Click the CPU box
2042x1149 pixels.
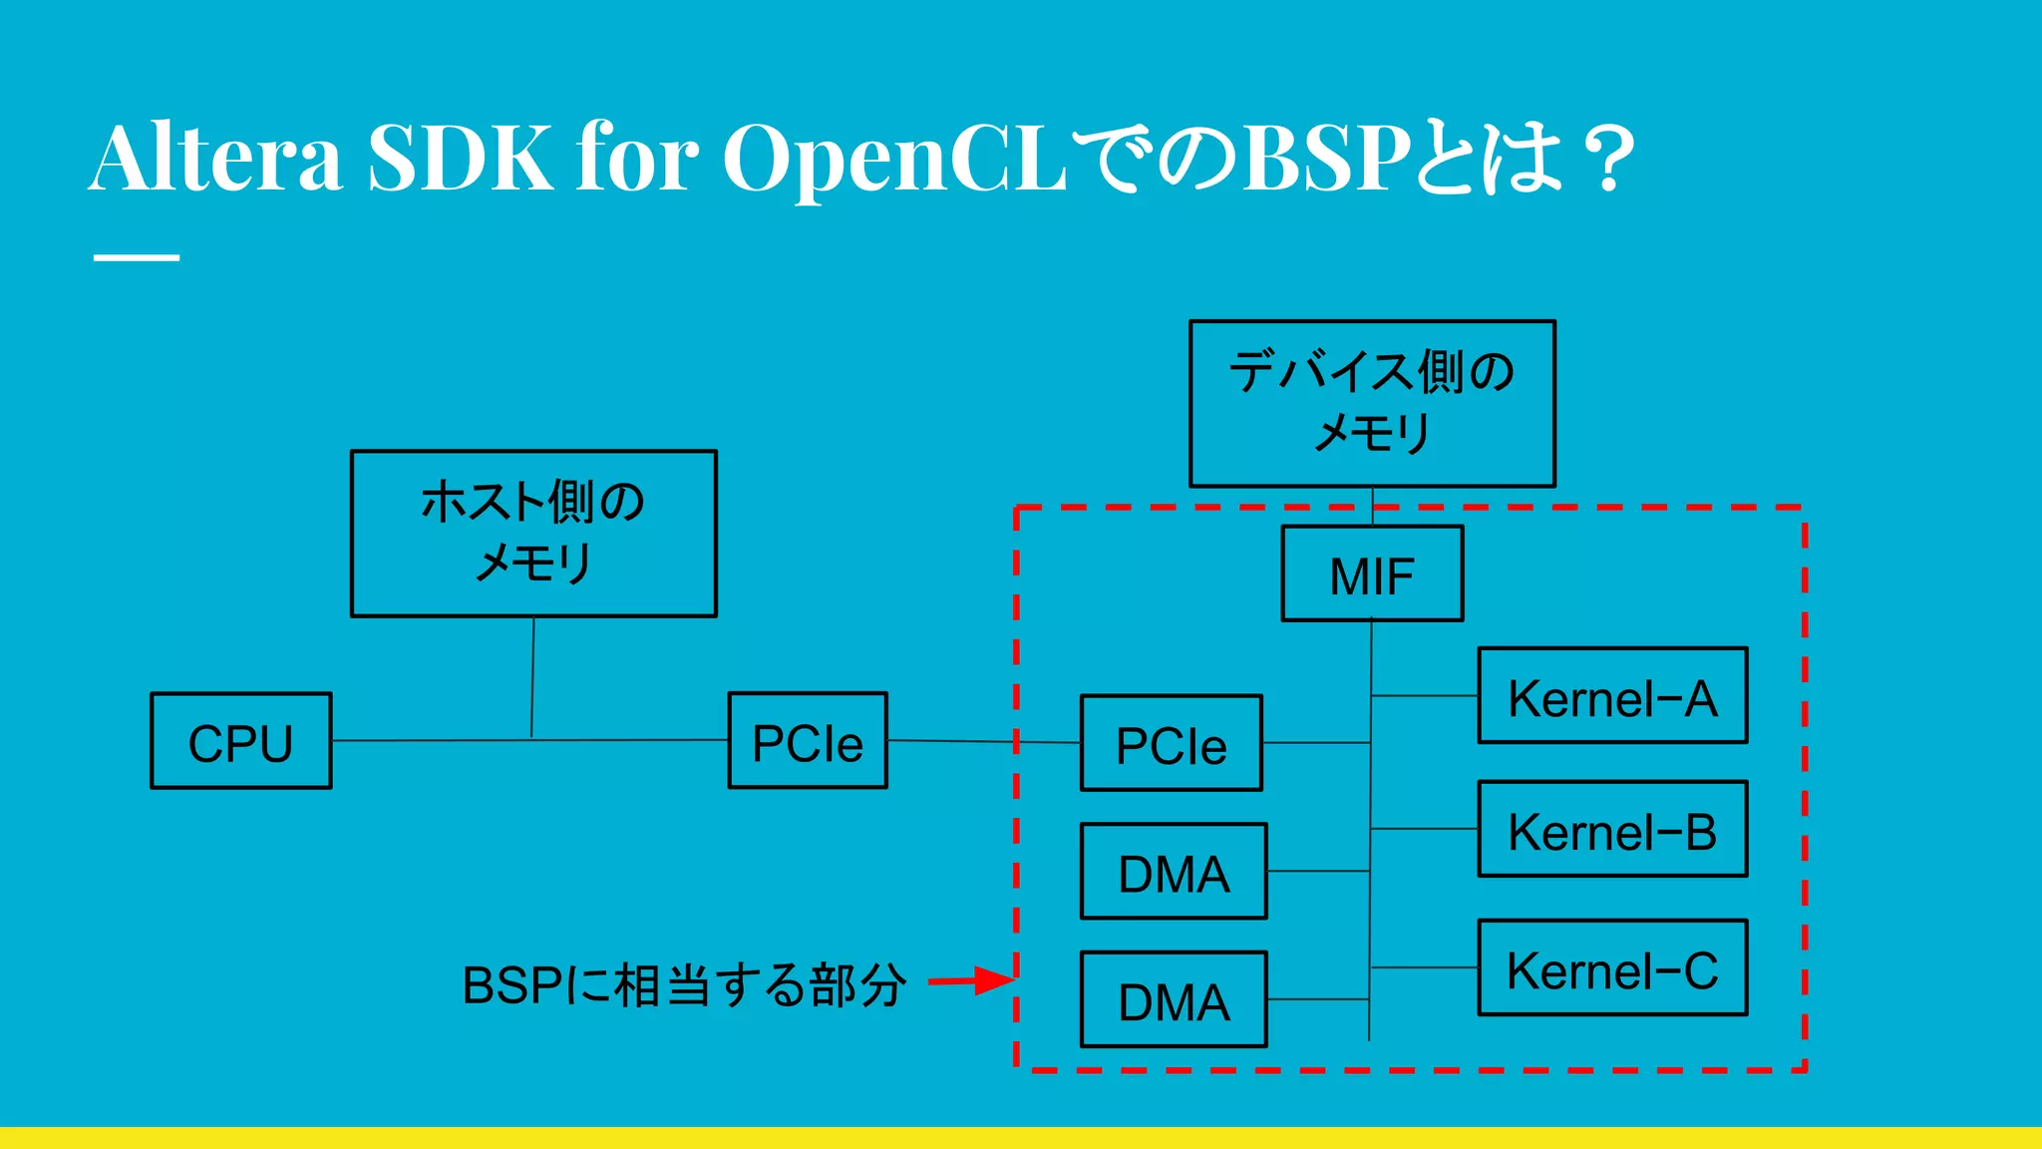point(240,741)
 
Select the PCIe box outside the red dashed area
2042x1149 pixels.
point(808,740)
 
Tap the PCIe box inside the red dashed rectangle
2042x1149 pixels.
point(1171,743)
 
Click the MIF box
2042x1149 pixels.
point(1372,574)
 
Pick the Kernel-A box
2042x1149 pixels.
point(1612,696)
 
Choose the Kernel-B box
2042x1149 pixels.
point(1612,829)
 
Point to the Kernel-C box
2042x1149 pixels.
point(1612,967)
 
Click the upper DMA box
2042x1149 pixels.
point(1174,872)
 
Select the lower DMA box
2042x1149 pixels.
point(1174,999)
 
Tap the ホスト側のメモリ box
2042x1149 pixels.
point(533,534)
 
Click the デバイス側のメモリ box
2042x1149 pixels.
point(1372,403)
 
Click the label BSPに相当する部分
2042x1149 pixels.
point(684,985)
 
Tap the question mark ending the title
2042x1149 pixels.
point(1608,158)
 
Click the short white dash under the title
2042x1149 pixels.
point(137,257)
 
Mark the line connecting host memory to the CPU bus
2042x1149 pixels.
point(532,678)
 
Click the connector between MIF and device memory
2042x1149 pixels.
point(1373,507)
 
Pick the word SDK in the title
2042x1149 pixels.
point(460,158)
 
